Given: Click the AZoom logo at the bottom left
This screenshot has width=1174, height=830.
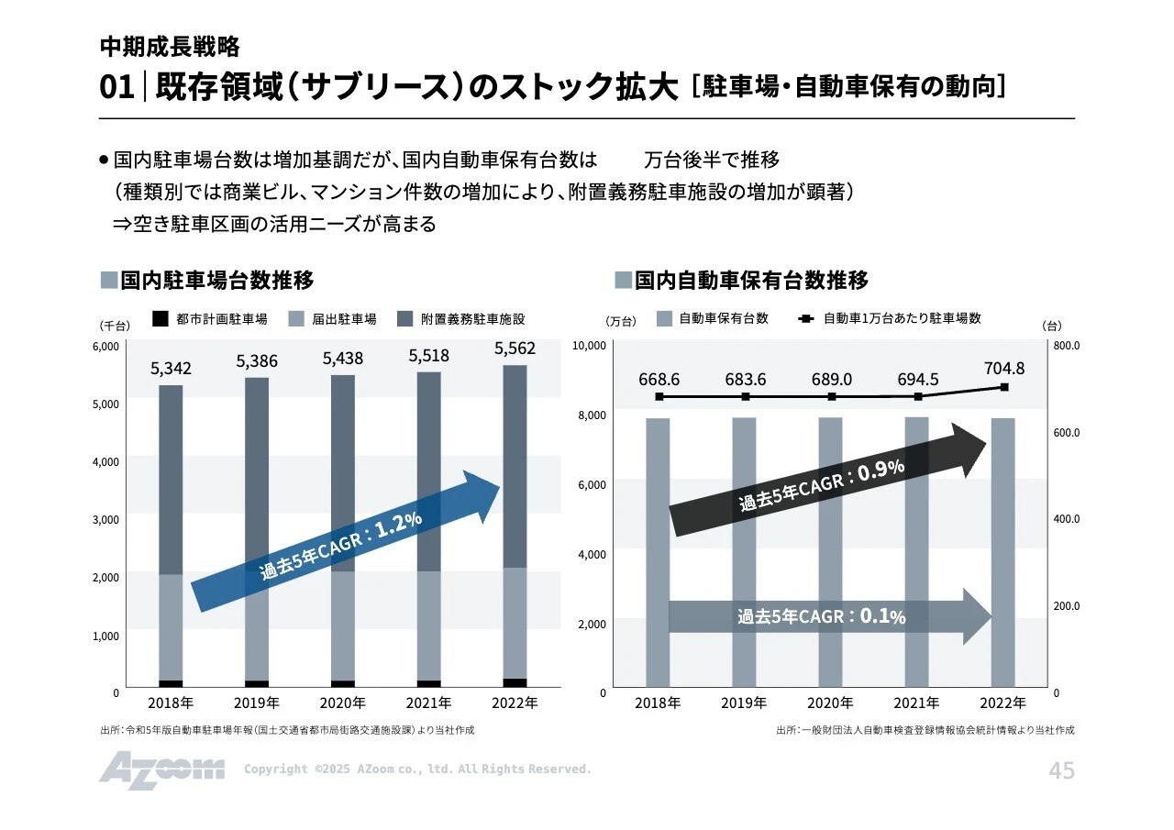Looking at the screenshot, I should point(161,769).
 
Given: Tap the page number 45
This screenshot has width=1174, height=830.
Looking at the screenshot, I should point(1061,771).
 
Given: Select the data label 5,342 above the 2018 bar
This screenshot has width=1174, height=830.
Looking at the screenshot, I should point(171,369).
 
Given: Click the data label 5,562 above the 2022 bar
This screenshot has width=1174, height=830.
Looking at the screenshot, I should point(515,349).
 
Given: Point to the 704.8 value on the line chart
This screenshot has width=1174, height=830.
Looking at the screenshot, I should point(1003,368).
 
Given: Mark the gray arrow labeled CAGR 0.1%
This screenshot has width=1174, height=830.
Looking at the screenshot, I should point(825,616).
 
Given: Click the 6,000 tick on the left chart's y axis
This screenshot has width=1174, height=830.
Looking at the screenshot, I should point(106,347).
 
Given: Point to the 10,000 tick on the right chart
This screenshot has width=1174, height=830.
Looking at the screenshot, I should point(589,345).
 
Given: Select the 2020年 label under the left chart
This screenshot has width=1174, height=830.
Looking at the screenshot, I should point(342,703).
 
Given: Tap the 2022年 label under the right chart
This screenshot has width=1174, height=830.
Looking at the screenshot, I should point(1002,703).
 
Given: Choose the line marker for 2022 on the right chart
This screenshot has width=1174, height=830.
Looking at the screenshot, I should point(1004,387).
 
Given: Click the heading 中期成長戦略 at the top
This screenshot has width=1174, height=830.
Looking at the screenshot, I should point(170,47).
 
